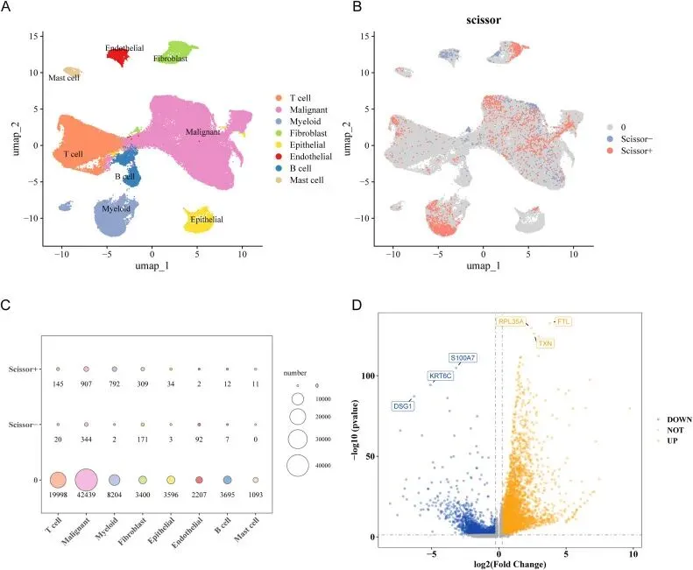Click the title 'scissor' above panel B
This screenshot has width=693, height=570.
484,20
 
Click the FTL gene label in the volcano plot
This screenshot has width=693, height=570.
563,321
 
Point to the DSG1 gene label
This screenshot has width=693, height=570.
403,406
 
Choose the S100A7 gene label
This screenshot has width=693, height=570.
463,357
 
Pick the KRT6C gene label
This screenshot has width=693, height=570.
441,376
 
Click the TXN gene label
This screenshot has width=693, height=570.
546,343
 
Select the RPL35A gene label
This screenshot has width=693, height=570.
511,321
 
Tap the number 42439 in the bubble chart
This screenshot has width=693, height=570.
86,495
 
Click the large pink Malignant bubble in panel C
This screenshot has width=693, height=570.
86,480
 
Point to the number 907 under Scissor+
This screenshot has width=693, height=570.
86,384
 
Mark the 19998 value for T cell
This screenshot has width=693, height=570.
58,495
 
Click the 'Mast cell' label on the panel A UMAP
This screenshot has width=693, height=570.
64,78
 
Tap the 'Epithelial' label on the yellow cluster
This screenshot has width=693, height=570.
207,220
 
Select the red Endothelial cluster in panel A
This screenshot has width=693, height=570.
118,57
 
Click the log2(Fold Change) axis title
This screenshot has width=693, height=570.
510,564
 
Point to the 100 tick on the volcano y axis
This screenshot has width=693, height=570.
368,376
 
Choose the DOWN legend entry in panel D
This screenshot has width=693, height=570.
675,419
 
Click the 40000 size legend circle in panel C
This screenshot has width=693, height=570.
298,465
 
